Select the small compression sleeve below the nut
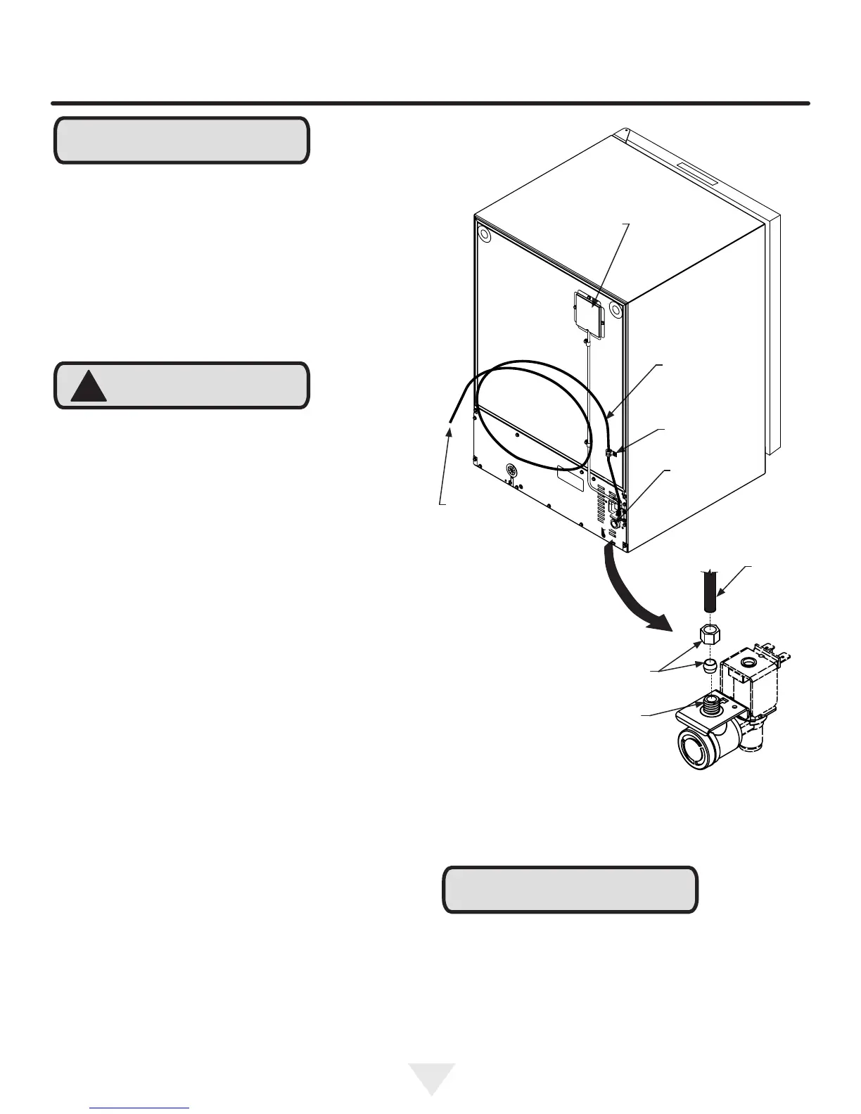710,665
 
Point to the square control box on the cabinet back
588,317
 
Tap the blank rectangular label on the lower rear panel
570,480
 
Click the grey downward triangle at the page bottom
431,1077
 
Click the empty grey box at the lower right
570,890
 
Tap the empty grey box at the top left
181,141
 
